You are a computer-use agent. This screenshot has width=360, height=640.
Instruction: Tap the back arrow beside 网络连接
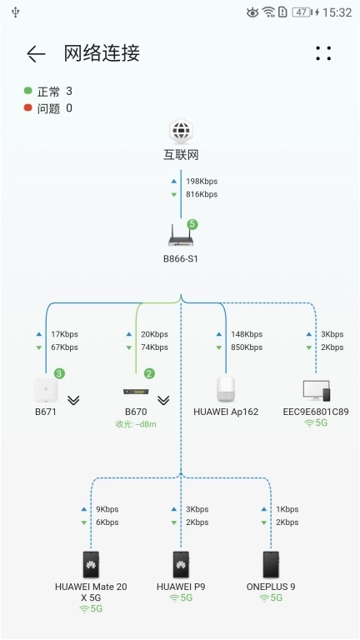coord(36,54)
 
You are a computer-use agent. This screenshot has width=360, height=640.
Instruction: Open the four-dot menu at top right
coord(323,53)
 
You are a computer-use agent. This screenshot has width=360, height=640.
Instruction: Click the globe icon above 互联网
coord(181,132)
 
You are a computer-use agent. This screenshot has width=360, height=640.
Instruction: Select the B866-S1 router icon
coord(181,238)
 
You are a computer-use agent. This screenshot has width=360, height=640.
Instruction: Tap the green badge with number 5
coord(192,224)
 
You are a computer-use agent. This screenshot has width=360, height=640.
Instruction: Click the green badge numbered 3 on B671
coord(59,373)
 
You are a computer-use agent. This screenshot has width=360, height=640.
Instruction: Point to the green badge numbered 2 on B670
coord(149,373)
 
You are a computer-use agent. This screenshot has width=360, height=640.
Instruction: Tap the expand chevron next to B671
coord(73,400)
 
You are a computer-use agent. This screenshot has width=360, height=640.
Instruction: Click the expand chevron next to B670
coord(163,400)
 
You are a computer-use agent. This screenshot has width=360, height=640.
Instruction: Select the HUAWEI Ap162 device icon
coord(226,389)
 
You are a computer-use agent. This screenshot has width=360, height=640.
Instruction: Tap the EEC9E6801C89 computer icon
coord(316,390)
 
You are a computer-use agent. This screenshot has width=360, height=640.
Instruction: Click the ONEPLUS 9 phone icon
coord(271,564)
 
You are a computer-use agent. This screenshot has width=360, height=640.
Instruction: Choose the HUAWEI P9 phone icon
coord(181,564)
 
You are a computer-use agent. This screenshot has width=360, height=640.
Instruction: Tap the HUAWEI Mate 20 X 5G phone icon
coord(91,564)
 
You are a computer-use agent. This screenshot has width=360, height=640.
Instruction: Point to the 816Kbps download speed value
coord(202,194)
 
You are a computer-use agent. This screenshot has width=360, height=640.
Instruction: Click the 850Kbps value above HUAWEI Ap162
coord(247,347)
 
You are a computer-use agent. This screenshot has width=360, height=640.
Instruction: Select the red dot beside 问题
coord(28,107)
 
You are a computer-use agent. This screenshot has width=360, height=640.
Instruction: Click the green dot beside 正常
coord(28,90)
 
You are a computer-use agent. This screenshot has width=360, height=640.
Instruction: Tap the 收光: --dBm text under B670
coord(136,424)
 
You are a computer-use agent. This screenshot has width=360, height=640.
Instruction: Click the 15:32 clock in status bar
coord(337,12)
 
